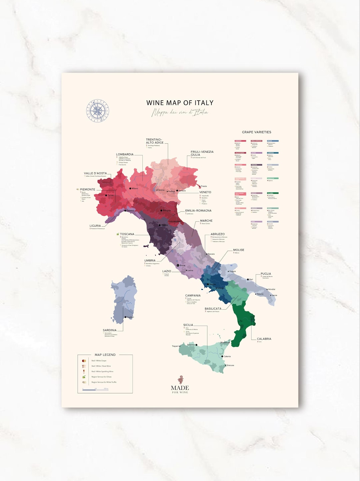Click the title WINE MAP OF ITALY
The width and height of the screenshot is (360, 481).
click(180, 103)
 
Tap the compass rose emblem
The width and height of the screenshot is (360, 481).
click(98, 111)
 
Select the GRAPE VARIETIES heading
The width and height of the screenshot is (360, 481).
click(256, 132)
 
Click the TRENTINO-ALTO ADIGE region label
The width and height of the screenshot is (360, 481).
click(155, 141)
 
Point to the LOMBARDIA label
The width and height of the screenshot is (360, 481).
click(125, 154)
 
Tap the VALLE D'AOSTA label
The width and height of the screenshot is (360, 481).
click(95, 173)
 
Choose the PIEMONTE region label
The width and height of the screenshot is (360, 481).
click(87, 189)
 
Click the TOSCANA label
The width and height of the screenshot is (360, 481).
click(127, 234)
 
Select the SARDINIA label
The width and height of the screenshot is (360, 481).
click(110, 330)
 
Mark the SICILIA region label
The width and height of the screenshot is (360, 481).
click(188, 325)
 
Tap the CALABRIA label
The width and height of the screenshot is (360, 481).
click(264, 339)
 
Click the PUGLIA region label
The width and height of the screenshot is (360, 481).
click(266, 274)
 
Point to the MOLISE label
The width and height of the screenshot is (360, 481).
click(239, 250)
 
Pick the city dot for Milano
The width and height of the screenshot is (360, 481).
click(130, 189)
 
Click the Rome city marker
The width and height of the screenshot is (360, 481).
click(178, 265)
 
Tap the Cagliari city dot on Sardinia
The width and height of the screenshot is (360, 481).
click(125, 317)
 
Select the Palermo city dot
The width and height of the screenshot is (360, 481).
click(196, 345)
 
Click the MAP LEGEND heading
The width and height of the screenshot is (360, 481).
click(105, 355)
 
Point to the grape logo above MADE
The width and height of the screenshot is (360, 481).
click(180, 380)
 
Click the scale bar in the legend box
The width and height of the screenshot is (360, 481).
click(95, 389)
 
